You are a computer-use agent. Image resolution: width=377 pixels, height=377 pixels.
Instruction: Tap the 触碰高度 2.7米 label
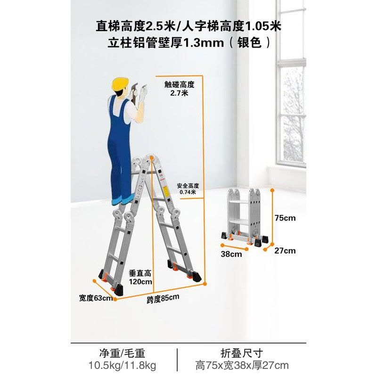(180, 89)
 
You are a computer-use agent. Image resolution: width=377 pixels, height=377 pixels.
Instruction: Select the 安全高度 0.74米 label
(188, 189)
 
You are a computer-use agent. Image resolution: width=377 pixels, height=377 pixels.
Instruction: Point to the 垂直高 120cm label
(140, 277)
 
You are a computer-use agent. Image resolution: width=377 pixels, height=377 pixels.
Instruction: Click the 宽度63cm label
(96, 298)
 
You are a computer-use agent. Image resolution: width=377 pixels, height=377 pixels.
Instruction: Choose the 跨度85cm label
(163, 298)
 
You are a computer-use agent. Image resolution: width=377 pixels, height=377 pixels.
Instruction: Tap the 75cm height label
(285, 218)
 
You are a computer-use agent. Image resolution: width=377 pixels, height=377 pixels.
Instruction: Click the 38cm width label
(231, 254)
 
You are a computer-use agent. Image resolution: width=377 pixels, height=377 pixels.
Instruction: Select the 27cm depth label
(285, 251)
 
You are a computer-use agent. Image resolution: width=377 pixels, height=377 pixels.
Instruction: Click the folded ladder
(245, 218)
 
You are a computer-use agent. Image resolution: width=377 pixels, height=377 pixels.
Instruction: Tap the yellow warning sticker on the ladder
(165, 191)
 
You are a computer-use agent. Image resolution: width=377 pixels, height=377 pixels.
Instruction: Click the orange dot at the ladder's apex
(152, 157)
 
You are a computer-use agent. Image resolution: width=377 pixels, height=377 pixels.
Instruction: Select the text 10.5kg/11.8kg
(123, 366)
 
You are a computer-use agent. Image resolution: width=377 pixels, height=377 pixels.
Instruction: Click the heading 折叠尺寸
(242, 353)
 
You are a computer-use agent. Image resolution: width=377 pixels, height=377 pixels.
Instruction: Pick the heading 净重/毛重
(123, 353)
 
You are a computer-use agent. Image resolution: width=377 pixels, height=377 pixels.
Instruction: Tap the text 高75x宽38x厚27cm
(242, 366)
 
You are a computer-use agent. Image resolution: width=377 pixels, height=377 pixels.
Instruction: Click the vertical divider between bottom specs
(178, 360)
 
